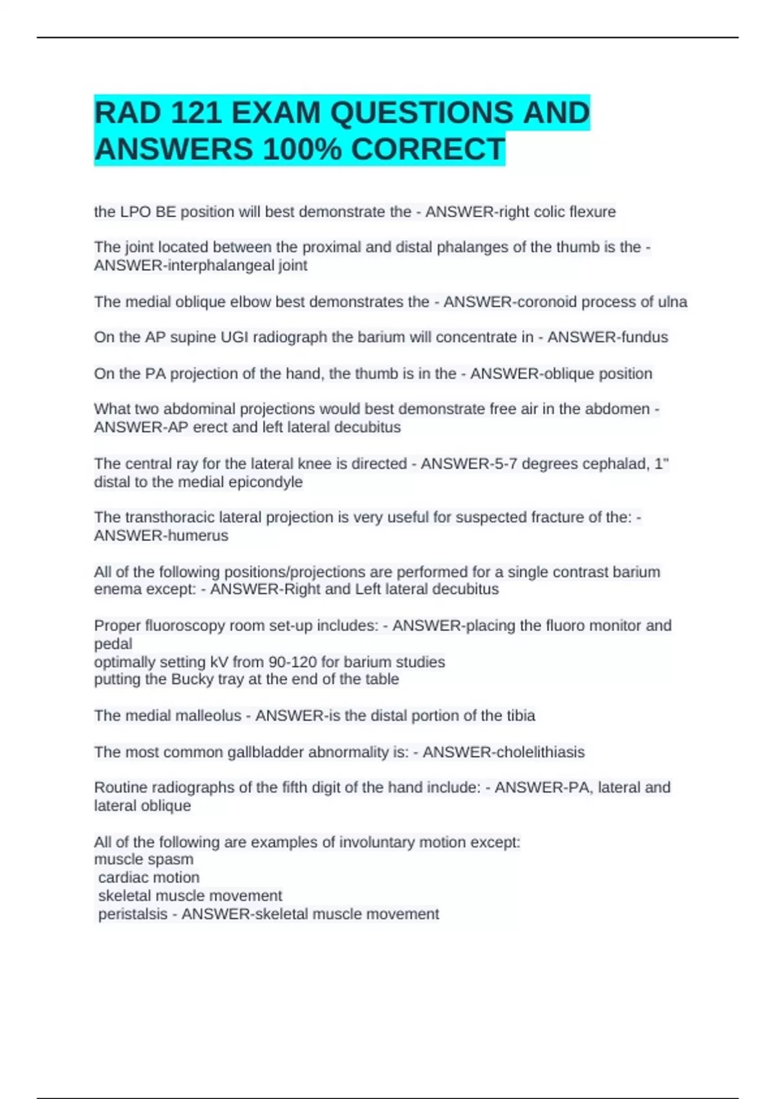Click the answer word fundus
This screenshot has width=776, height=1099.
tap(643, 337)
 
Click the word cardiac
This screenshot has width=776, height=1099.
tap(123, 878)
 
